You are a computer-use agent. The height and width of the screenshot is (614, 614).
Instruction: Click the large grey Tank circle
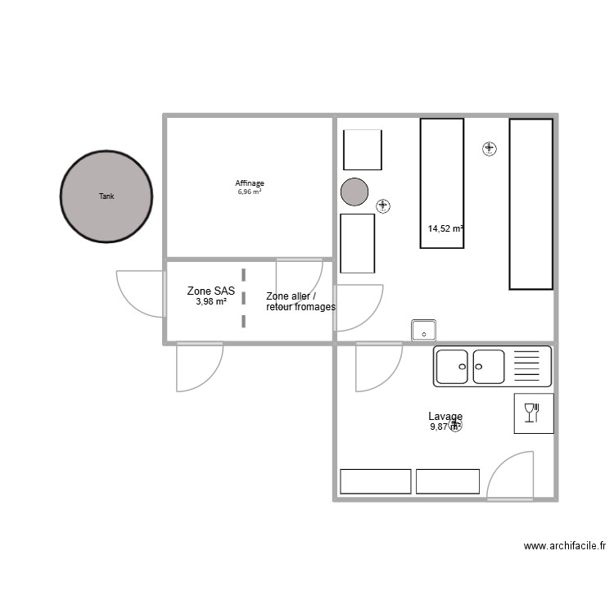click(x=106, y=196)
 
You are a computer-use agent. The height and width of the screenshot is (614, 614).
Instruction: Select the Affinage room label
click(x=250, y=183)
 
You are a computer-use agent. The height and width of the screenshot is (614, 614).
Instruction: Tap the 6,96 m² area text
click(x=250, y=192)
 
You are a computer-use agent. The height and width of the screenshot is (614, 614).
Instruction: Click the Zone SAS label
click(x=211, y=291)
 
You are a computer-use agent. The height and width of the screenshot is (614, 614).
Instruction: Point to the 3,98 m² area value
click(x=211, y=301)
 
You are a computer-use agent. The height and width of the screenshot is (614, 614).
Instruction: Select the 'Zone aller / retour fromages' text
click(x=300, y=301)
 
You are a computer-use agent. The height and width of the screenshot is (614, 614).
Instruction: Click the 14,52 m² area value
click(x=445, y=229)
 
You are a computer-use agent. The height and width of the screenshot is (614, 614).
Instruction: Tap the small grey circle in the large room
click(x=354, y=192)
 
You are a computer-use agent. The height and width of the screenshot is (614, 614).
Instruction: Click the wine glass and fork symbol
click(x=533, y=413)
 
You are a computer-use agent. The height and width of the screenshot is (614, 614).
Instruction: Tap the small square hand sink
click(x=423, y=331)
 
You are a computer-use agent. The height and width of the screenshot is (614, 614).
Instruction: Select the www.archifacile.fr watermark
click(x=565, y=546)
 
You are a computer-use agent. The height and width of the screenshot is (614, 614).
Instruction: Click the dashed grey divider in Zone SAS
click(x=243, y=297)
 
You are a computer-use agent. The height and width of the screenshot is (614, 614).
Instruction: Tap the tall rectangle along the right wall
click(x=530, y=204)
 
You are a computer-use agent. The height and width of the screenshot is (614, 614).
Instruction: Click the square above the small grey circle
click(x=362, y=150)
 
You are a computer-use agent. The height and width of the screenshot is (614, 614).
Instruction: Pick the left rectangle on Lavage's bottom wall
click(x=375, y=481)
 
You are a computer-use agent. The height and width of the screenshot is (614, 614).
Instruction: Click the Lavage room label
click(x=445, y=417)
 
